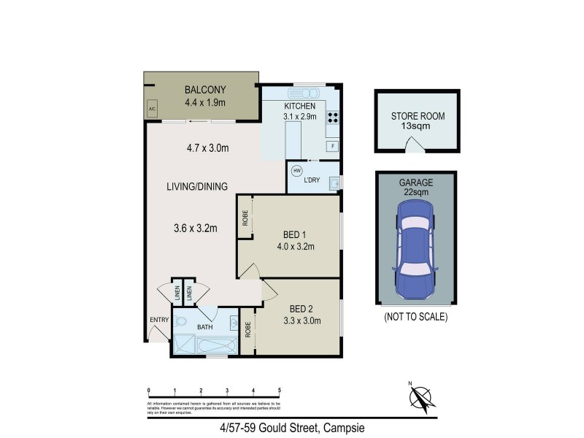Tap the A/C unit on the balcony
153,109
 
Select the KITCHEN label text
300,106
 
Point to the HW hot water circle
296,171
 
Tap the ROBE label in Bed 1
245,218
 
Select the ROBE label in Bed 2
249,330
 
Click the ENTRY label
159,320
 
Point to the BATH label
204,327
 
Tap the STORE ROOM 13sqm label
418,120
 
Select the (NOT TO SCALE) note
415,318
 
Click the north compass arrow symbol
420,397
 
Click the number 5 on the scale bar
280,391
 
